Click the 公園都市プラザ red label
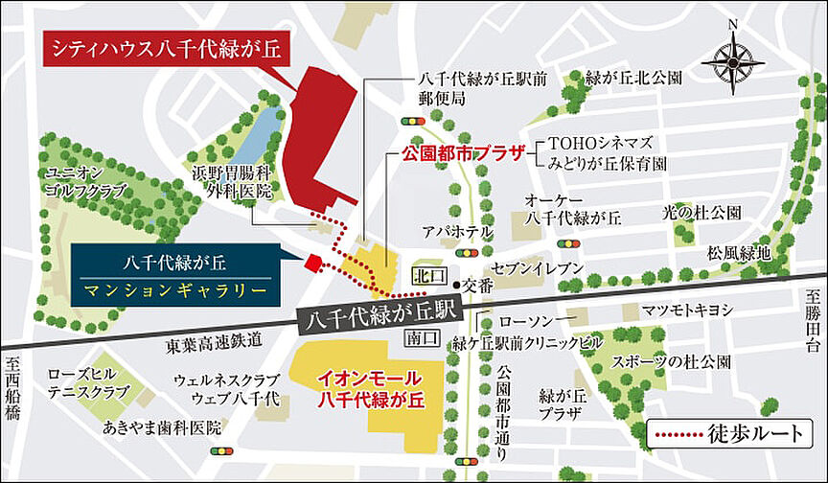462,151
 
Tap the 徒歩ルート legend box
733,432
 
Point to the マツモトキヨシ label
687,310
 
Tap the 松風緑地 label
739,253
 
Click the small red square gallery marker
311,264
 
